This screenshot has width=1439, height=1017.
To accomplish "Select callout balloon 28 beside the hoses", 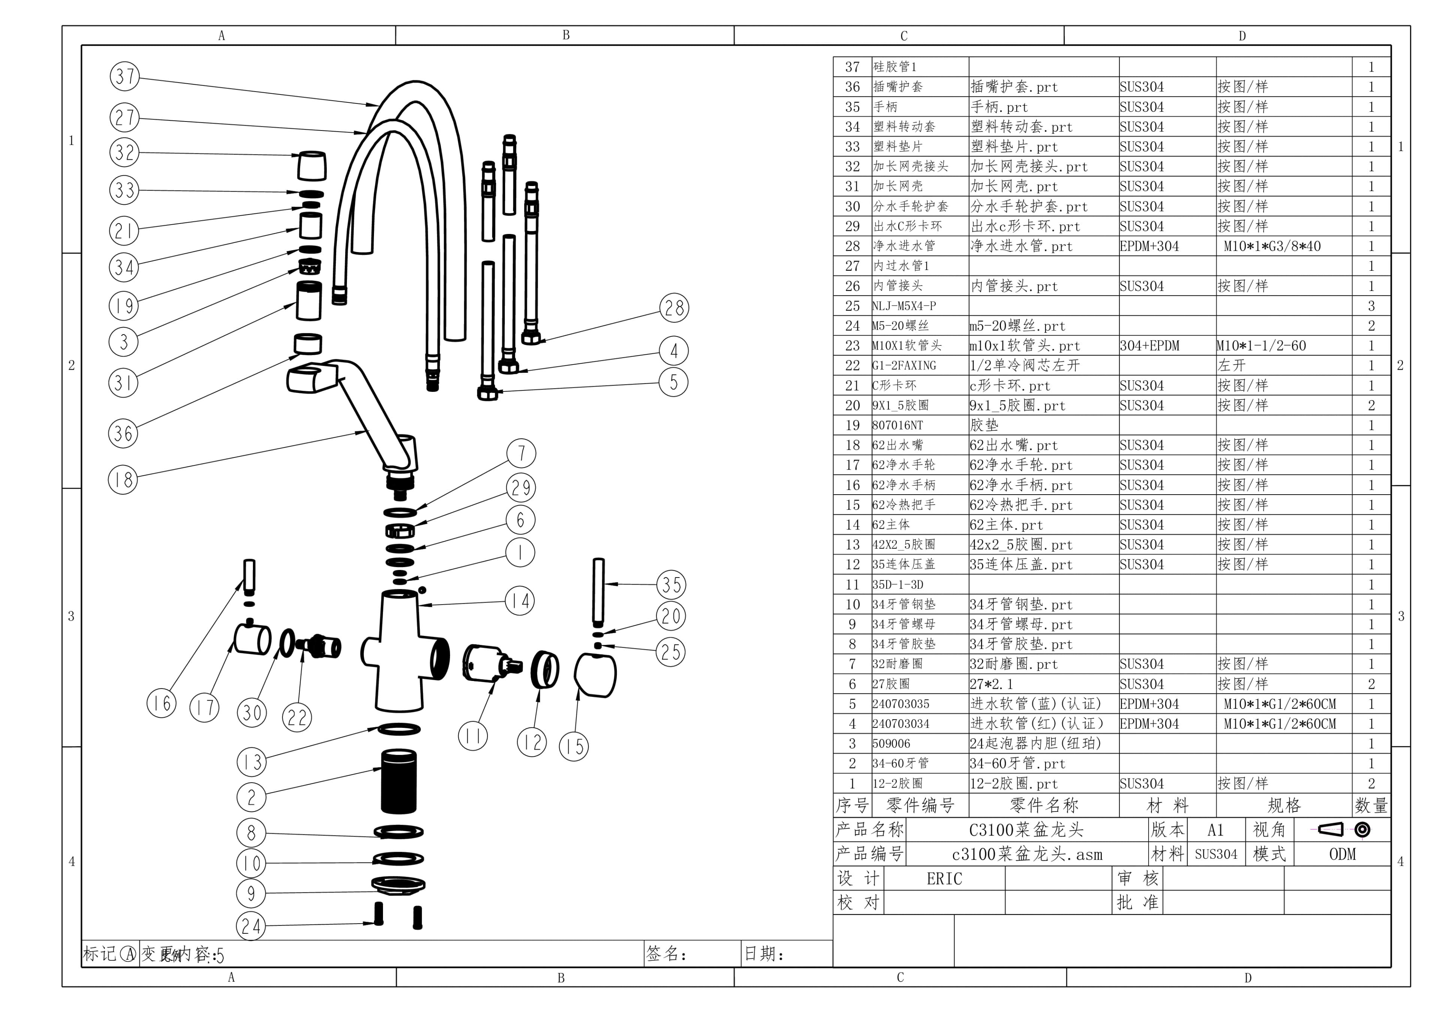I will point(674,308).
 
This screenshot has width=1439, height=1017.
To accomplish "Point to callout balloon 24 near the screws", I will point(251,926).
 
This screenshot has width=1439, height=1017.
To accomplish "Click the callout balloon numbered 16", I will point(162,703).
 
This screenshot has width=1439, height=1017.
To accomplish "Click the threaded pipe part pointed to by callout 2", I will point(399,781).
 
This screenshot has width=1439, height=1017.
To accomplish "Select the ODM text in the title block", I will point(1342,854).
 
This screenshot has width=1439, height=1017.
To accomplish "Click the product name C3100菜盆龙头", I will point(1026,830).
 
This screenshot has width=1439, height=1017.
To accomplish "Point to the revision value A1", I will point(1215,830).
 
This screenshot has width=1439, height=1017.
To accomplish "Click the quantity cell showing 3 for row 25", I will point(1371,306).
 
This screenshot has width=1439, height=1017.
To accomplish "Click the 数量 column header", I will point(1371,806).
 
